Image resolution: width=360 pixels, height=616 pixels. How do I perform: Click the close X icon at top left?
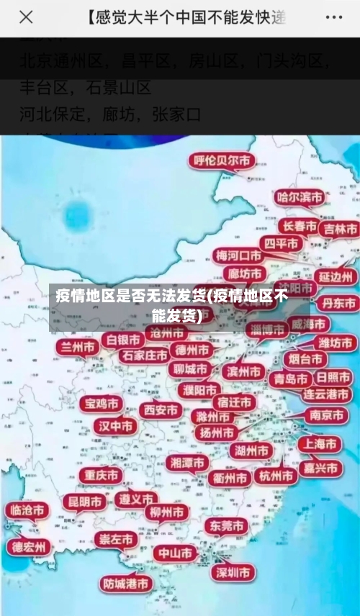point(26,17)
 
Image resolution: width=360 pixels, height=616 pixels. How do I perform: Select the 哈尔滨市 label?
point(300,196)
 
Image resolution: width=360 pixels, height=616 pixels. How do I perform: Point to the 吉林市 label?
point(340,229)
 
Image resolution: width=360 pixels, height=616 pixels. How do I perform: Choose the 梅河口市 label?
point(240,255)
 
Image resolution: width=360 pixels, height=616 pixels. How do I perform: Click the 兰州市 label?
point(78,348)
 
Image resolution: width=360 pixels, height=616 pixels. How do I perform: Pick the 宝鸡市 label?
point(100,403)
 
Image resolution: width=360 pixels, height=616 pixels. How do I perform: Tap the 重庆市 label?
point(100,476)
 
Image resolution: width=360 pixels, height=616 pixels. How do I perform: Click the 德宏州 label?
point(29,547)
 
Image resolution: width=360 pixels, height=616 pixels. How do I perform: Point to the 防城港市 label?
point(126,583)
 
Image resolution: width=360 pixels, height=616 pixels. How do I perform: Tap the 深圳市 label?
point(234,573)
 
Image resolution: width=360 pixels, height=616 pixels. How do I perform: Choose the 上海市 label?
point(320,444)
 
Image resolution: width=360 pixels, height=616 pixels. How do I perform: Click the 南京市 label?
point(325,415)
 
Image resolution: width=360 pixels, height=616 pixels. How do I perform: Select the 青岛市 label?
point(289,379)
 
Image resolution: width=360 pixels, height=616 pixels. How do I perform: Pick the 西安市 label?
point(160,410)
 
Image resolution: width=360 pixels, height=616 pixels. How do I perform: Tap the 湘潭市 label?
point(187,463)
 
